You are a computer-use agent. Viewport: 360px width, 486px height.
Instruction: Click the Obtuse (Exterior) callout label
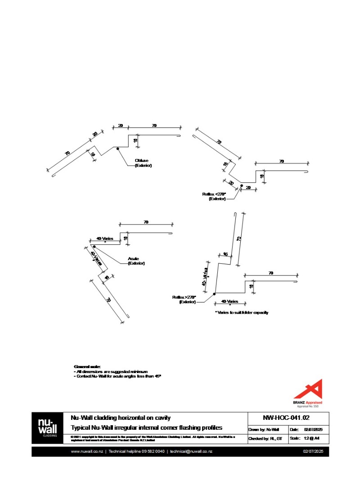coord(143,163)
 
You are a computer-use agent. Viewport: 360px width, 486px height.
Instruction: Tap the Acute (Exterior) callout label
coord(136,261)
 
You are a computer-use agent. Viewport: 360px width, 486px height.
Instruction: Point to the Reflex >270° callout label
coord(184,299)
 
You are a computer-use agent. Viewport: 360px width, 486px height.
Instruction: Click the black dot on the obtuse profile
coord(117,148)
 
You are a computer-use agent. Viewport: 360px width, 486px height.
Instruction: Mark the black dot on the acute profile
coord(94,247)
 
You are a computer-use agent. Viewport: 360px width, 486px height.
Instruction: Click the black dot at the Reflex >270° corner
coord(214,293)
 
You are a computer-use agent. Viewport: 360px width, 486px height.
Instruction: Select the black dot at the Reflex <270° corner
coord(241,185)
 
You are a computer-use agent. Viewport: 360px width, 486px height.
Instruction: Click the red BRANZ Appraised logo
coord(308,392)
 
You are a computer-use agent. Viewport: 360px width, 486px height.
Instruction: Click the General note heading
coord(87,367)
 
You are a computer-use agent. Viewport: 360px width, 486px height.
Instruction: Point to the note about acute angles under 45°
coord(117,375)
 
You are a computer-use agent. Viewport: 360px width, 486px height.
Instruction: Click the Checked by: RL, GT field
coord(265,438)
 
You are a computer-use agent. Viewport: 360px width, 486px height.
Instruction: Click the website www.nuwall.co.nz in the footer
coord(87,451)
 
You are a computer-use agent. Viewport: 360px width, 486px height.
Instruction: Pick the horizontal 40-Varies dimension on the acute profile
coord(104,238)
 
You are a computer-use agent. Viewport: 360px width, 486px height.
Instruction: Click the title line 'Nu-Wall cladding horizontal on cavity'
coord(121,418)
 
